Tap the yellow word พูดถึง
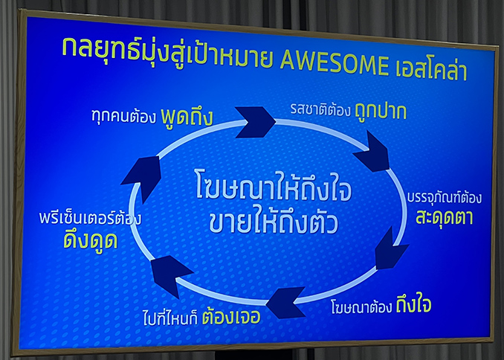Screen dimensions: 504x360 coord(187,117)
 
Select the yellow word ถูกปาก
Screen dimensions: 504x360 coord(381,112)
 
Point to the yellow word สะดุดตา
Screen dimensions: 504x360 coord(445,216)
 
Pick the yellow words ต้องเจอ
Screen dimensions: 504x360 coord(231,316)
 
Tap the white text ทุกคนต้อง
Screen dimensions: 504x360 coord(123,116)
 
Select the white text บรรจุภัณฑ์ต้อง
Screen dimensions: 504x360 coord(445,197)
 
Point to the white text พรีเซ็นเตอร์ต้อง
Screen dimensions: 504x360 coord(91,217)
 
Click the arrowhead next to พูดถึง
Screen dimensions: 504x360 coord(256,122)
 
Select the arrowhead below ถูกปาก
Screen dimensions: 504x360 coord(373,152)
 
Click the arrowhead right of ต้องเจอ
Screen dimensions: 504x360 coord(285,303)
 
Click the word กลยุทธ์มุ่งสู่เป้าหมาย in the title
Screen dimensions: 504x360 coord(167,54)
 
